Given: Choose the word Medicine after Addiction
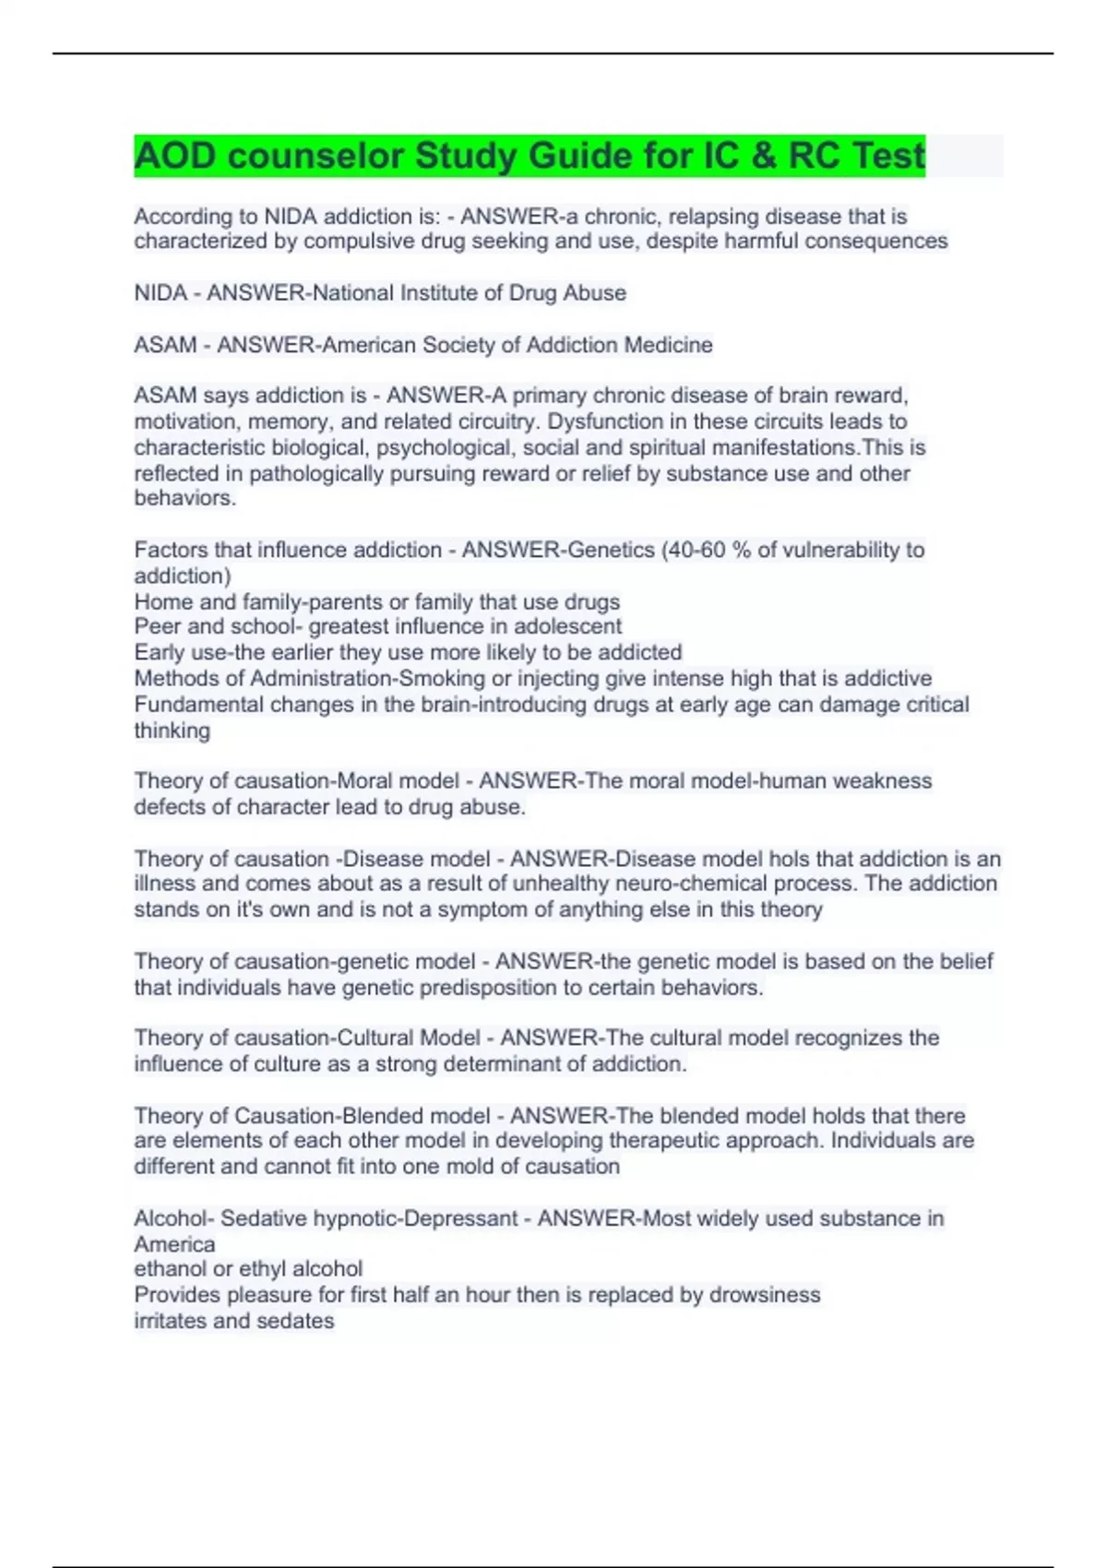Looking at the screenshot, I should [668, 345].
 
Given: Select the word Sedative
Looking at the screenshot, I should [264, 1218].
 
